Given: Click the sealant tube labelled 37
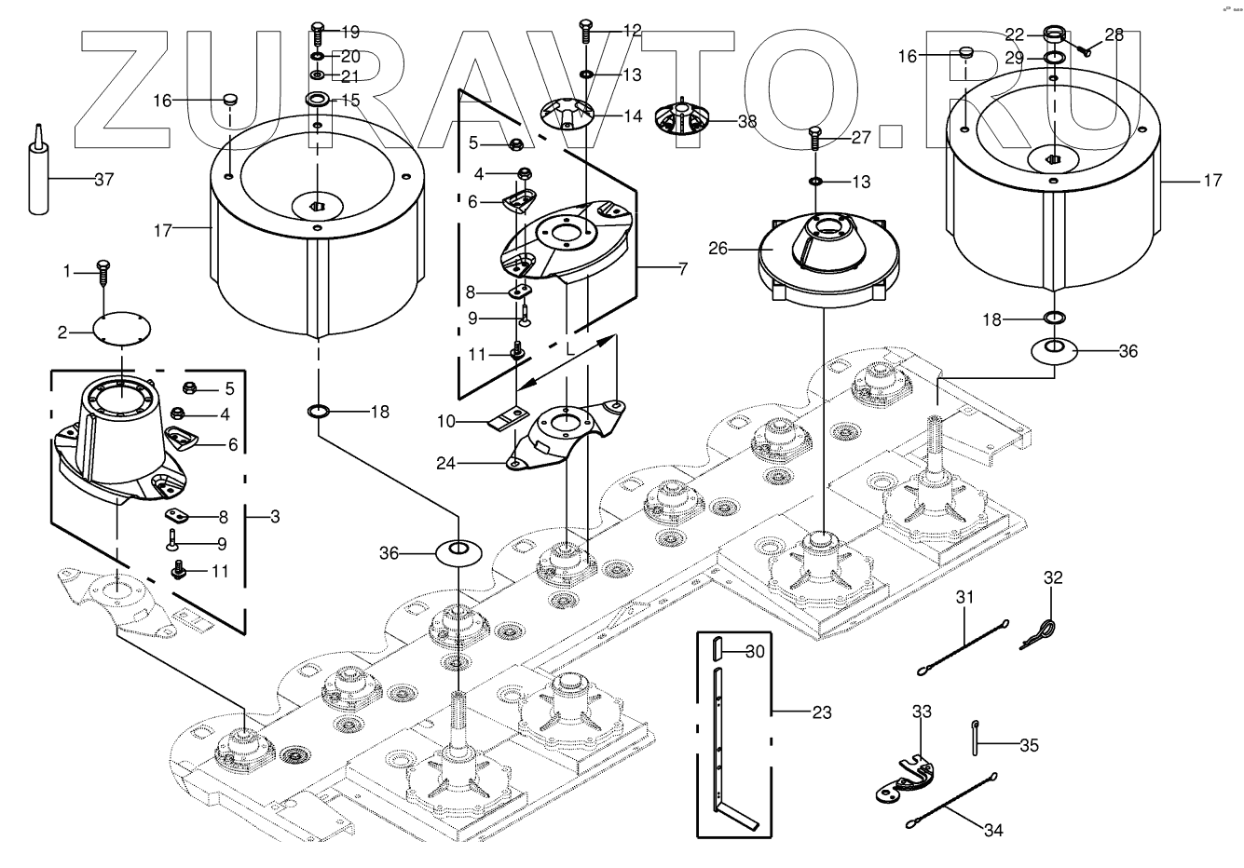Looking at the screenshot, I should [37, 177].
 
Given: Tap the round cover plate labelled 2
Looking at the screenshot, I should [121, 329].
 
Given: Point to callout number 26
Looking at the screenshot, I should [718, 250].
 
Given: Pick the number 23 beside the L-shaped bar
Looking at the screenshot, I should [821, 713].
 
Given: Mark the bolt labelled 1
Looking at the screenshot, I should [103, 271].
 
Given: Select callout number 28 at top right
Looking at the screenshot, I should [1114, 35].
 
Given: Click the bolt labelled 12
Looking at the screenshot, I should [585, 30].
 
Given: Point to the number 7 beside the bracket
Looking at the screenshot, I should [683, 270].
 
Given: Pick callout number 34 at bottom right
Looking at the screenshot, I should [994, 831].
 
